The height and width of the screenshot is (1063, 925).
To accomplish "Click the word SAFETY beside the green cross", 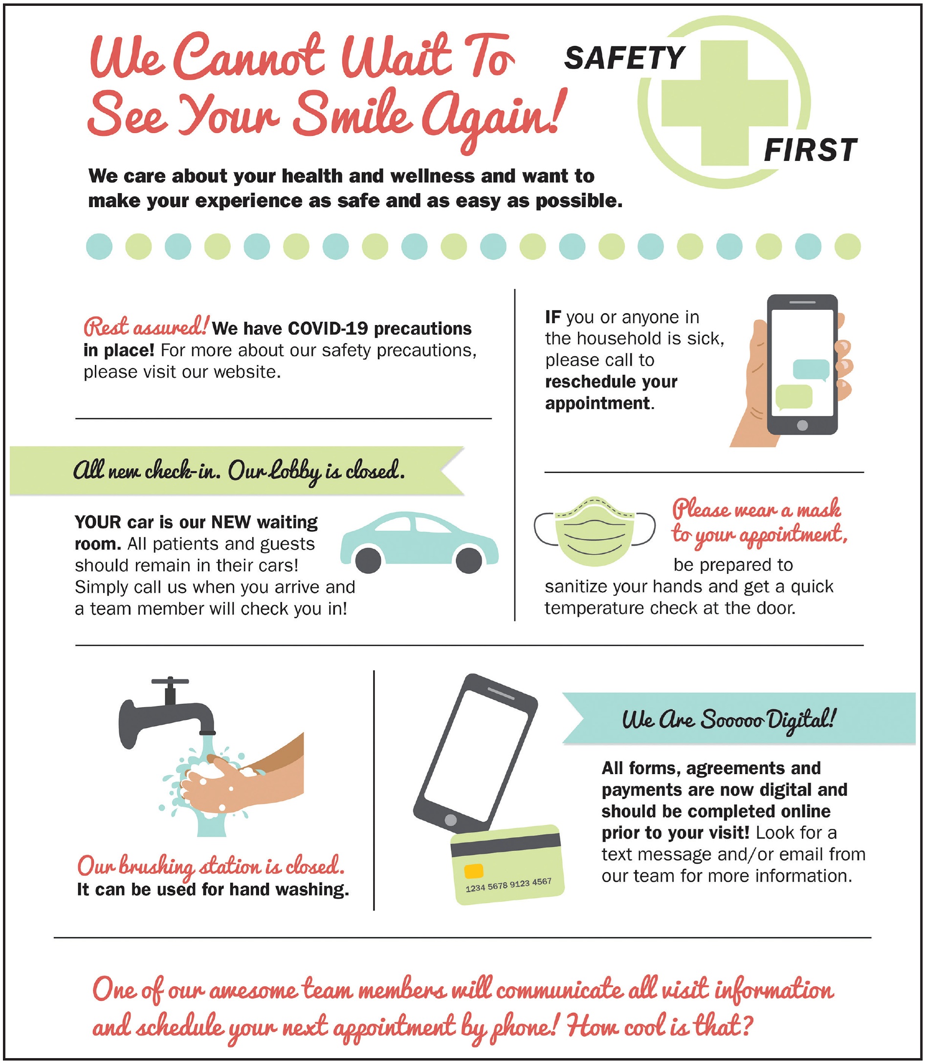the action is (625, 58).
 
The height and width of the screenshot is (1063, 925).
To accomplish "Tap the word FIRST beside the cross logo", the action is (811, 151).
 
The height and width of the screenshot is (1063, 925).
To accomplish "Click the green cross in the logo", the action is (725, 103).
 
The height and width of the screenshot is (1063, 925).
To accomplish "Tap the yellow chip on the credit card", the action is (474, 871).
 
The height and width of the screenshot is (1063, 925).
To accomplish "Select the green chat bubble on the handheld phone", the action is (794, 397).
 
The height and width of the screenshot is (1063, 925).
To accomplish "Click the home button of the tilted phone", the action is (451, 820).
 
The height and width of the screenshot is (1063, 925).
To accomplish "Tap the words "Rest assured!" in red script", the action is (146, 326).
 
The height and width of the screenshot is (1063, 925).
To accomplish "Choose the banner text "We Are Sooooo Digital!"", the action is (728, 720).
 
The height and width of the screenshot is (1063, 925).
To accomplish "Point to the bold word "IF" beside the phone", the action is (553, 317).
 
